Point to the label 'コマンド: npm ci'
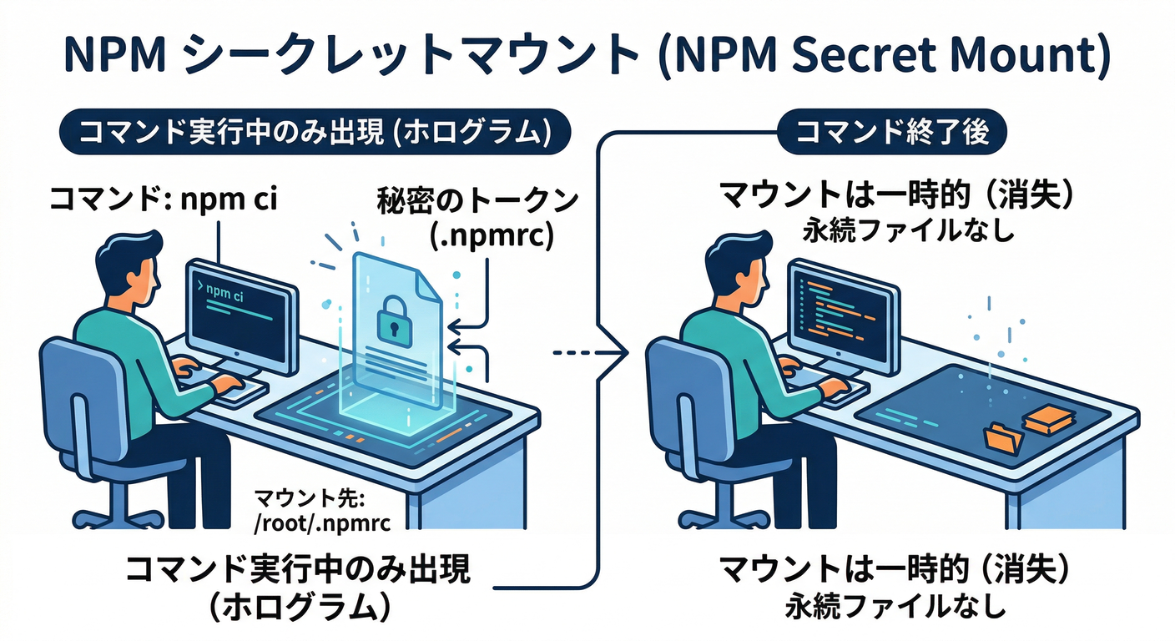point(158,200)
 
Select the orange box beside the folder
point(1044,417)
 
